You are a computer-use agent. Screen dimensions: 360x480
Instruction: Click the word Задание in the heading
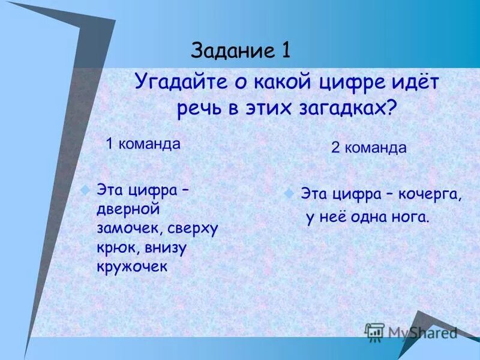pyautogui.click(x=232, y=51)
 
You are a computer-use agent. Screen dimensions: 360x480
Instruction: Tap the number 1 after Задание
pyautogui.click(x=284, y=51)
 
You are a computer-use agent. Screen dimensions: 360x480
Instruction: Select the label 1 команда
pyautogui.click(x=143, y=144)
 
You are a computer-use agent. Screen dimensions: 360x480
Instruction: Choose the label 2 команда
pyautogui.click(x=368, y=148)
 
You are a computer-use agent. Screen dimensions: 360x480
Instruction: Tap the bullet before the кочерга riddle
pyautogui.click(x=289, y=194)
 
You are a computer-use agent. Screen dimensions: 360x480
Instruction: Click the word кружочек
pyautogui.click(x=131, y=266)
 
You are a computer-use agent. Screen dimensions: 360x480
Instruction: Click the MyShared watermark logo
pyautogui.click(x=411, y=332)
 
